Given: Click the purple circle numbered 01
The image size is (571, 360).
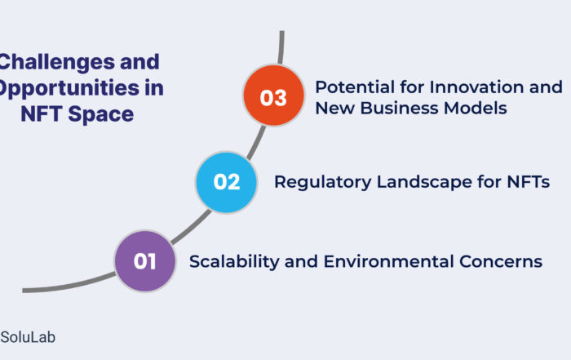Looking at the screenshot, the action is click(145, 261).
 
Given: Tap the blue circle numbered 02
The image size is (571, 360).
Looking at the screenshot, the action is click(226, 182).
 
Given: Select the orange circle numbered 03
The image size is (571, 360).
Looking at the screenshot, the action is click(273, 95).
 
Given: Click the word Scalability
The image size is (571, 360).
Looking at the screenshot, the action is click(235, 262).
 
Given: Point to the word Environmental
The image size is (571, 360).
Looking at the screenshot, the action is click(388, 261).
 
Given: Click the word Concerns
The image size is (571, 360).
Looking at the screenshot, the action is click(501, 261).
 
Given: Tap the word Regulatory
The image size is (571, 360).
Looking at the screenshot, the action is click(323, 182).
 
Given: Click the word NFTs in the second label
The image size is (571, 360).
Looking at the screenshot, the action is click(529, 182).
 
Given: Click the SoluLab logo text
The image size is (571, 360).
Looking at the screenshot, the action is click(28, 337).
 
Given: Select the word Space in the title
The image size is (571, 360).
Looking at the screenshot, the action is click(101, 114).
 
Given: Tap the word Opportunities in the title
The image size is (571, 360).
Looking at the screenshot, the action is click(70, 88).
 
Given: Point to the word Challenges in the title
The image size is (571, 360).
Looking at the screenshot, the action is click(58, 62).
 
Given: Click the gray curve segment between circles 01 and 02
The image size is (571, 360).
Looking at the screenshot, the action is click(191, 228).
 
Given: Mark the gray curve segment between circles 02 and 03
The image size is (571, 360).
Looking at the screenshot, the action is click(256, 143).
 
